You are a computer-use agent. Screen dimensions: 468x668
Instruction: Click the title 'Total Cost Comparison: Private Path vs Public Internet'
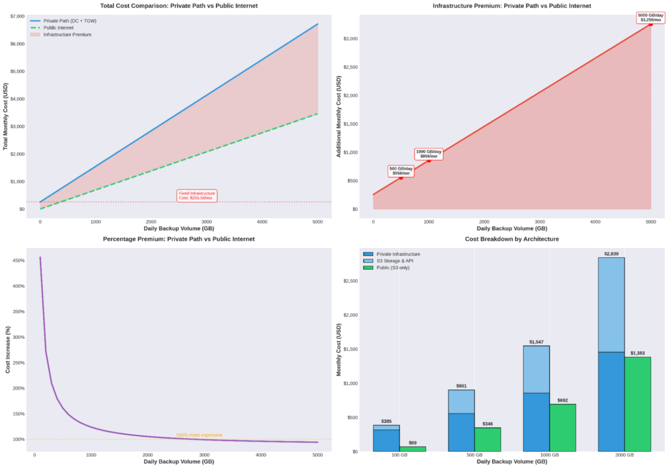tap(178, 6)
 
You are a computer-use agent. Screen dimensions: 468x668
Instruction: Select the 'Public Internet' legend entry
tap(58, 27)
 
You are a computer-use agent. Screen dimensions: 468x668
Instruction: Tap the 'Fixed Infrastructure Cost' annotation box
tap(196, 195)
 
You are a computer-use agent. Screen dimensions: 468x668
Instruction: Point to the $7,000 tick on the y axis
tap(16, 16)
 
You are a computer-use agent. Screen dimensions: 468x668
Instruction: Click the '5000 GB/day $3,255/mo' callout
tap(650, 18)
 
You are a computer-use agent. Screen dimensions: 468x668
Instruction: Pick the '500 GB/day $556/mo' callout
tap(401, 171)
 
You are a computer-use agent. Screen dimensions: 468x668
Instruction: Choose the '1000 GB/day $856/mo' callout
tap(429, 154)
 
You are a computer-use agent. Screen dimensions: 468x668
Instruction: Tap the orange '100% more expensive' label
tap(199, 435)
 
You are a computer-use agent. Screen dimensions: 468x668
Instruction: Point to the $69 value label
tap(412, 443)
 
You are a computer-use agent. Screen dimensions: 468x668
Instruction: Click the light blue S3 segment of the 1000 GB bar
tap(536, 369)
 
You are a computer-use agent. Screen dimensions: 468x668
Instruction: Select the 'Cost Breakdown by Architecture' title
tap(511, 239)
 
